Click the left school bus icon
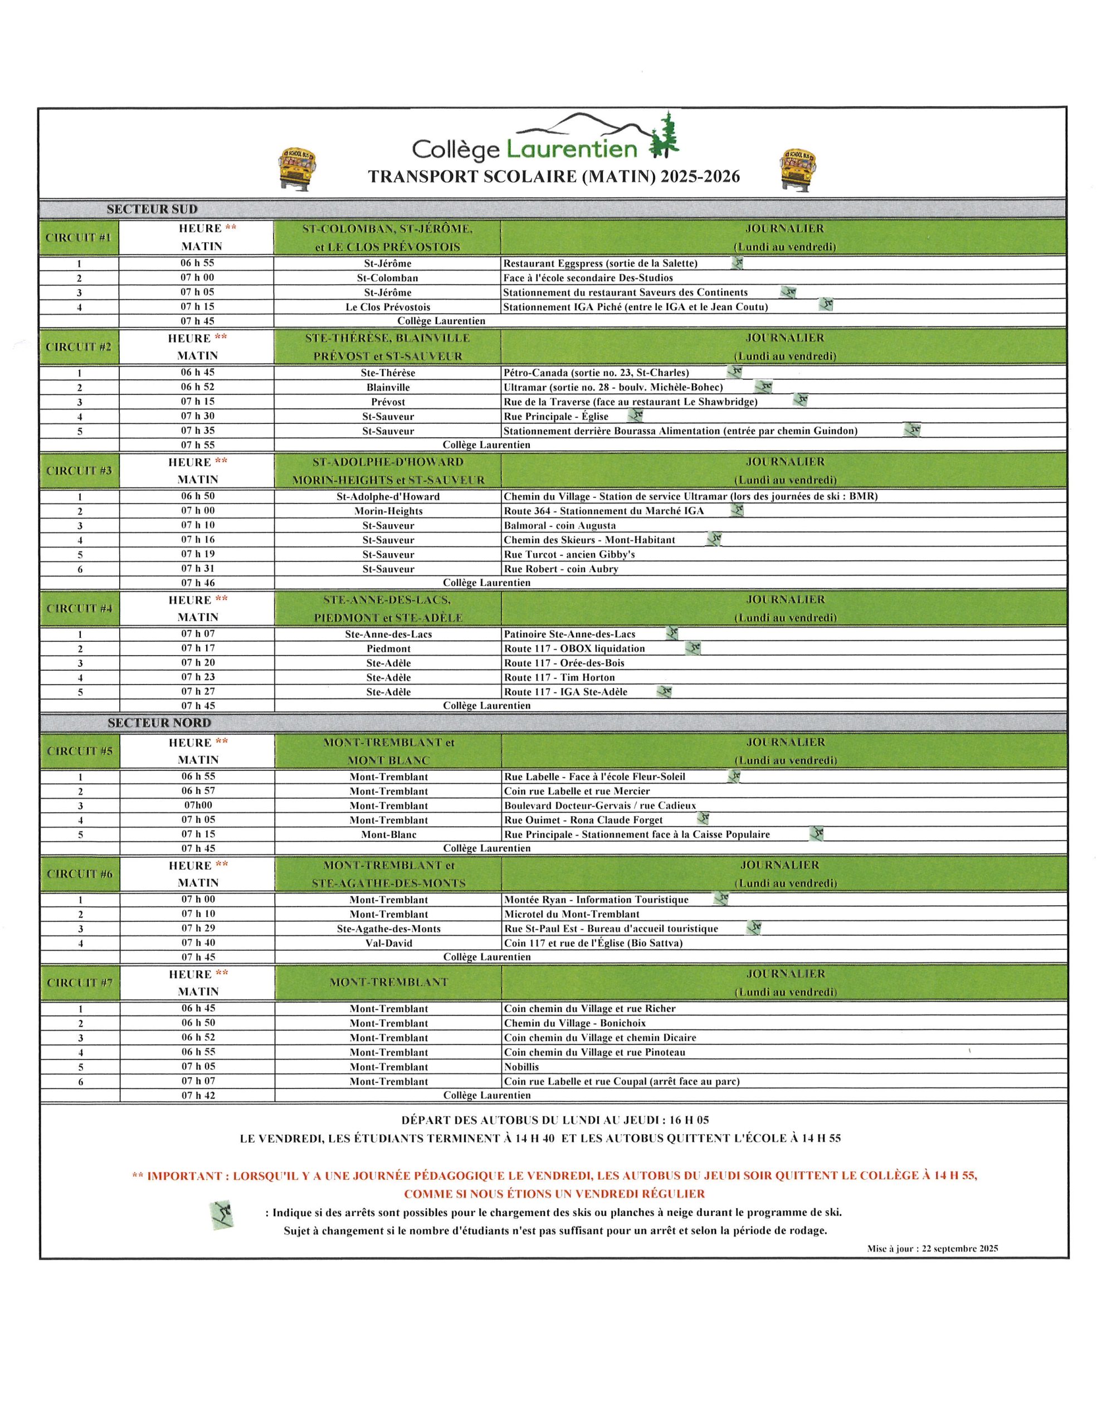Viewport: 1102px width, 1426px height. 299,168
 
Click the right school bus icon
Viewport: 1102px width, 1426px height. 798,168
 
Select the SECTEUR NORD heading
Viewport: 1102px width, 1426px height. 159,723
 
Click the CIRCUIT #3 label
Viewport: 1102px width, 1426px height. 79,470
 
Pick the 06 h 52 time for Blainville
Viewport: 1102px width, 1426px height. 197,387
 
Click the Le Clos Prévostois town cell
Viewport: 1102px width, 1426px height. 387,307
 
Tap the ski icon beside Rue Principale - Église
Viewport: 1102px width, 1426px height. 636,415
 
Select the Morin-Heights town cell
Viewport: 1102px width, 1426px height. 388,511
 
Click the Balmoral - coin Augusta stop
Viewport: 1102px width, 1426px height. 559,525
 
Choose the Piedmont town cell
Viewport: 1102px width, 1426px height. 388,648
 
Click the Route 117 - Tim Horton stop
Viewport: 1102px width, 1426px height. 559,677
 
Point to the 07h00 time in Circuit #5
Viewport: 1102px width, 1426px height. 198,805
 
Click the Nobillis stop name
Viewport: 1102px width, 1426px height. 521,1066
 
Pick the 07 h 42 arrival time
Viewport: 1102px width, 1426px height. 198,1095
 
